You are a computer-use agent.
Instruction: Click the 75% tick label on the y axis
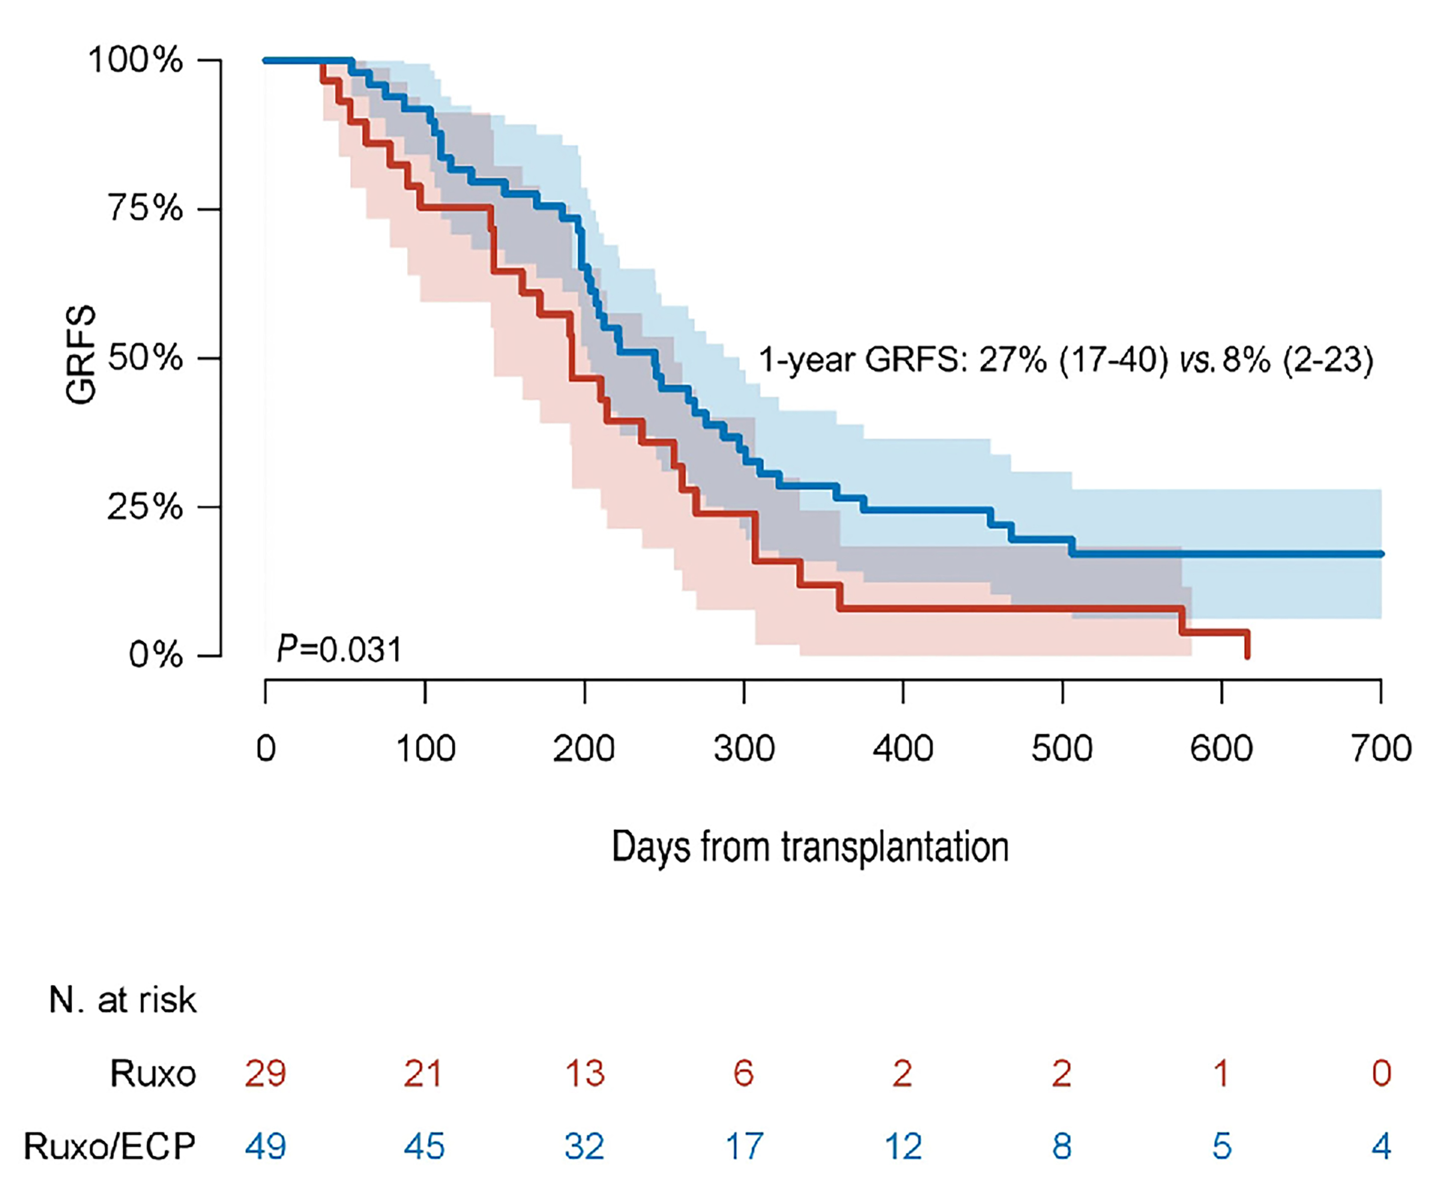tap(145, 208)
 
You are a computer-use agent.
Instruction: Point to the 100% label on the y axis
tap(136, 60)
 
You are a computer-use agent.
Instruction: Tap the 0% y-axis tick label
tap(156, 655)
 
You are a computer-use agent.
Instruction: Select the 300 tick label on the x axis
tap(743, 749)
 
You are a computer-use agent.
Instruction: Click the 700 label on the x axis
tap(1381, 749)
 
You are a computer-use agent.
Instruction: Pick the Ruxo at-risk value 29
tap(265, 1074)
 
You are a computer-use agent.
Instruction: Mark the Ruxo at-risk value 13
tap(585, 1074)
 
